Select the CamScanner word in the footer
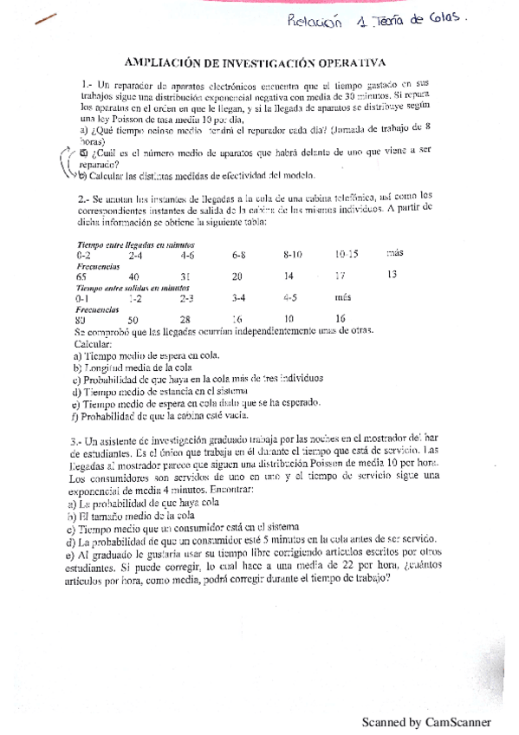[455, 721]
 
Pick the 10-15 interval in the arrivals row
[347, 255]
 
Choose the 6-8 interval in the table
[239, 256]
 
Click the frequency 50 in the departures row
[133, 318]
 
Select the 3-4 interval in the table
[239, 297]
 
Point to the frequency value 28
[186, 318]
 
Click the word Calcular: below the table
[94, 341]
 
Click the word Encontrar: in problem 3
[252, 491]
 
